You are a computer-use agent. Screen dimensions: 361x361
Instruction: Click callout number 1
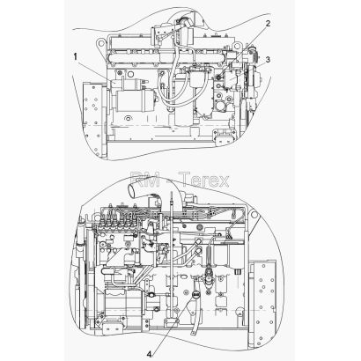(76, 56)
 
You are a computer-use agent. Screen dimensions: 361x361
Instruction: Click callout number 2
(268, 24)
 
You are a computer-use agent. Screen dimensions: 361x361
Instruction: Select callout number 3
(268, 60)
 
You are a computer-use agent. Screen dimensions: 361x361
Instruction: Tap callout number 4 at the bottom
(149, 354)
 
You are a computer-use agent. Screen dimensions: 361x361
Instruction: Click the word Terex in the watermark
(204, 180)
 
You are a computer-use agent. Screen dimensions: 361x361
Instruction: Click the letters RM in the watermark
(145, 180)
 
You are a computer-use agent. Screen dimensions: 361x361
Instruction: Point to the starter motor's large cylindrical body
(135, 100)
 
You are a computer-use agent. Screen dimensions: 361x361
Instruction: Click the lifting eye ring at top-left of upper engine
(101, 44)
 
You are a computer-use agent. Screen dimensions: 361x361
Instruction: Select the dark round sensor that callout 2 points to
(219, 77)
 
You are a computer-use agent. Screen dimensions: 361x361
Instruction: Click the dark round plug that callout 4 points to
(195, 294)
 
